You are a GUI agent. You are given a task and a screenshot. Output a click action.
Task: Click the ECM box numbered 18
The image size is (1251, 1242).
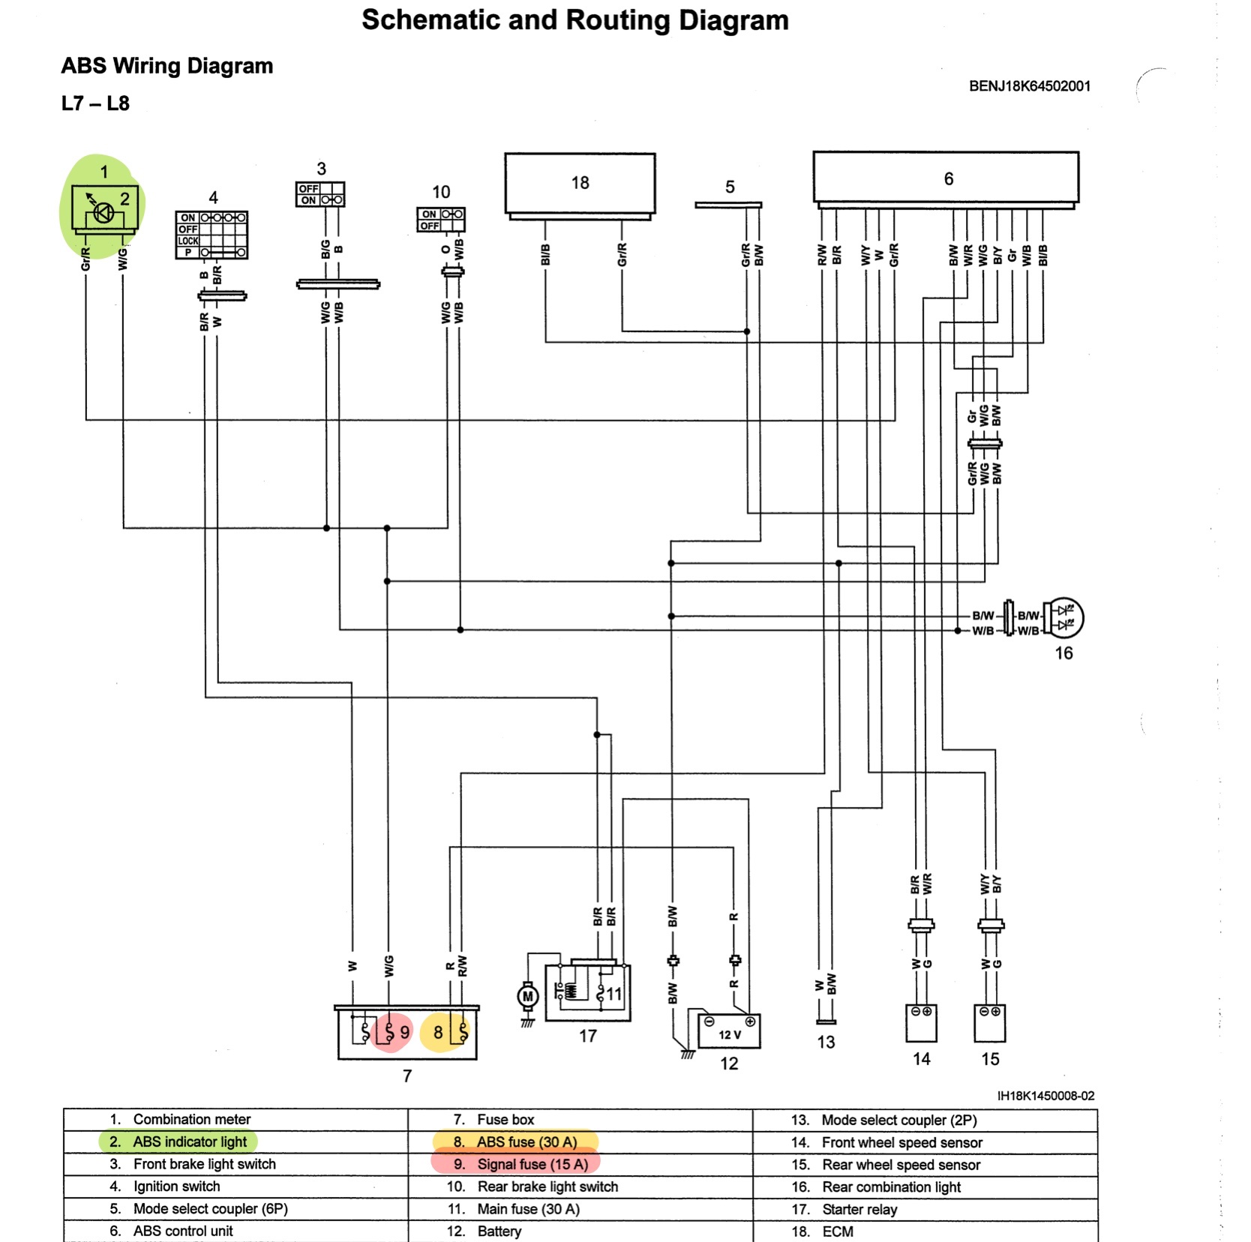[580, 184]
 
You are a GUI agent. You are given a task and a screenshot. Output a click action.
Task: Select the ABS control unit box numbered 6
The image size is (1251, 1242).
[946, 178]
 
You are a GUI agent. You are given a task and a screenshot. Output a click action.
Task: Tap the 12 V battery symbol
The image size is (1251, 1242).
[729, 1031]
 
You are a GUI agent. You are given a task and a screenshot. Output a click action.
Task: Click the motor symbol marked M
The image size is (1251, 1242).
[528, 997]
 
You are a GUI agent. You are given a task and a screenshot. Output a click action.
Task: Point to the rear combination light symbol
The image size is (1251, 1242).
[1063, 617]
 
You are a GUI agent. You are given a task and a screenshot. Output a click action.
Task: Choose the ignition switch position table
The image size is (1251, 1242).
[211, 235]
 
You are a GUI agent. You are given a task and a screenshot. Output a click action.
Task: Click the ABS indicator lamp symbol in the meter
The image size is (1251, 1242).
[103, 213]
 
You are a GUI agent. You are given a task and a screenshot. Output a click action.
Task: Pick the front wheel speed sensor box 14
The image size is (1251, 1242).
[921, 1024]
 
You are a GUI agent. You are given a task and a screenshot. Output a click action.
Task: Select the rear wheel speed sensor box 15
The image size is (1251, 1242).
[990, 1024]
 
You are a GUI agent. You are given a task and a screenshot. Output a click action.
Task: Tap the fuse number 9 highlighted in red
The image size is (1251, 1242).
[389, 1032]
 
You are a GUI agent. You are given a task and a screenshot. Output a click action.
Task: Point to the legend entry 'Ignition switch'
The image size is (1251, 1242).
[176, 1186]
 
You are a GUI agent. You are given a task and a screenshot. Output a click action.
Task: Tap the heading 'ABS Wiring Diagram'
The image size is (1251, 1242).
[166, 66]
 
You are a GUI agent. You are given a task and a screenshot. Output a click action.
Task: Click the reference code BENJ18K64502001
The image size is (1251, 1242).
[1029, 86]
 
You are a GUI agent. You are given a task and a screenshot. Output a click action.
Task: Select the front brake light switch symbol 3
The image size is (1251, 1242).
[320, 194]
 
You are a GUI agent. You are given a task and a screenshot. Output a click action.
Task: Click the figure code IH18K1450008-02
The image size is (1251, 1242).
[1045, 1096]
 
